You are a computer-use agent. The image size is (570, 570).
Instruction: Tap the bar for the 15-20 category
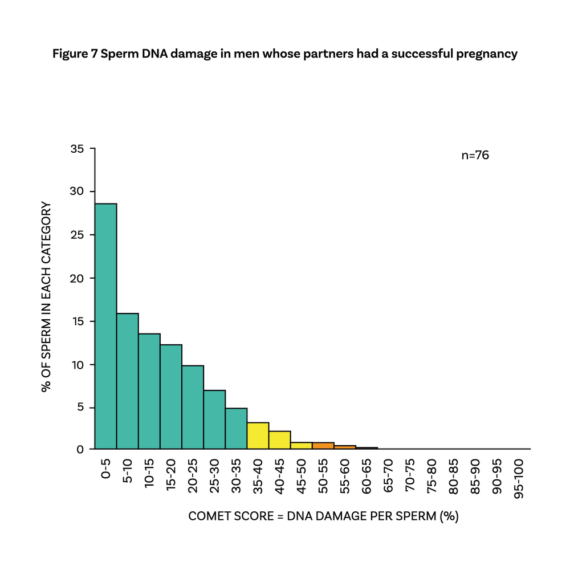(x=171, y=397)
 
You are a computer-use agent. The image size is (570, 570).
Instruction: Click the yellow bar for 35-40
(x=258, y=435)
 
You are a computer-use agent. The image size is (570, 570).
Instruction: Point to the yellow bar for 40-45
(x=279, y=440)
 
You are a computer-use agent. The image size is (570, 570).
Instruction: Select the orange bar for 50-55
(x=323, y=446)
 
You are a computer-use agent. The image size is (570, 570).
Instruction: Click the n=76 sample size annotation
(x=475, y=155)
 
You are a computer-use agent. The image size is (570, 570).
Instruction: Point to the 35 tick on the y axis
(x=78, y=149)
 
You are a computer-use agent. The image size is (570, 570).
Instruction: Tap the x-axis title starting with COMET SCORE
(x=324, y=517)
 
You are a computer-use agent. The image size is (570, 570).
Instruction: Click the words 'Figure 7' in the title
(x=74, y=54)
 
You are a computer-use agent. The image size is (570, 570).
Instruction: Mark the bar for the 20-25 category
(x=193, y=407)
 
